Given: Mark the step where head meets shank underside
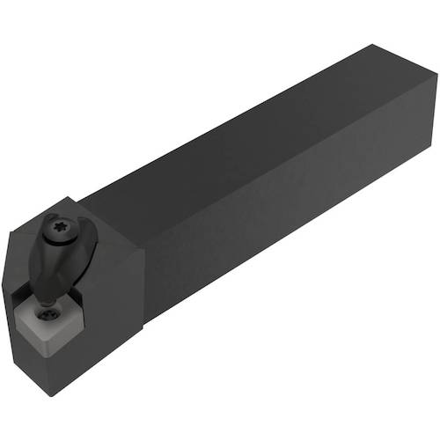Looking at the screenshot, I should pos(145,317).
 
